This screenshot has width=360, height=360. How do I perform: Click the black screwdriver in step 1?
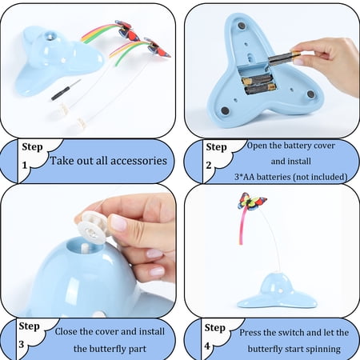[x=66, y=90]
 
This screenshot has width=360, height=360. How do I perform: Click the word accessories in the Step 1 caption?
[x=138, y=161]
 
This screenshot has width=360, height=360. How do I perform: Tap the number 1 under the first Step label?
[x=25, y=166]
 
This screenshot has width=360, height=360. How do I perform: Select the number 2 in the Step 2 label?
[x=209, y=166]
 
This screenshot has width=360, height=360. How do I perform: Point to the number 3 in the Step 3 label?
[x=22, y=344]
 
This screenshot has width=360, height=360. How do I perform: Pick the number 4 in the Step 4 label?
[x=207, y=346]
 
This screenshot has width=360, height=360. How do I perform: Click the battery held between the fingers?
[x=284, y=57]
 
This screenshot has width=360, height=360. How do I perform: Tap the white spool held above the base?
[x=93, y=226]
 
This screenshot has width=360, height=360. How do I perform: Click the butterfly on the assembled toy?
[x=251, y=201]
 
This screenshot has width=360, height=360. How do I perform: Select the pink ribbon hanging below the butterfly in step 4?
[x=242, y=226]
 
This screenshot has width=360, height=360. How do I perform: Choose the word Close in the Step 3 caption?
[x=66, y=331]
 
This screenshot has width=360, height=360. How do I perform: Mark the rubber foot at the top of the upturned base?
[x=242, y=26]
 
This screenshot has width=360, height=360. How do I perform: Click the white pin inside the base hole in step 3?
[x=86, y=248]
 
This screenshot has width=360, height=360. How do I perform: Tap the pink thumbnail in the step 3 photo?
[x=118, y=223]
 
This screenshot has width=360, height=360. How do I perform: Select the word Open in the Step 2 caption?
[x=258, y=146]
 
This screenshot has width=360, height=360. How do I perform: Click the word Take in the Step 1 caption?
[x=61, y=161]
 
